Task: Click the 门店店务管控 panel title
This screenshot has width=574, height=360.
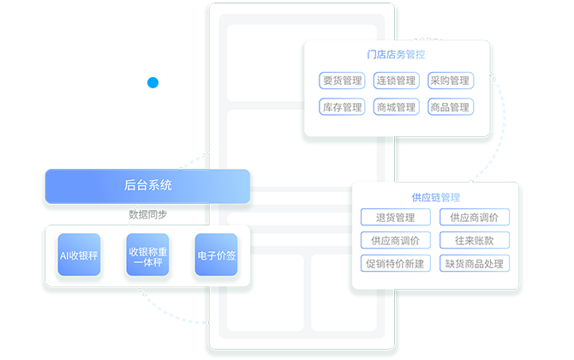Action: point(396,55)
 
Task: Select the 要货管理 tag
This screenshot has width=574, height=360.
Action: point(342,81)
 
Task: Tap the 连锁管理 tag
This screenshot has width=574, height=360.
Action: point(396,81)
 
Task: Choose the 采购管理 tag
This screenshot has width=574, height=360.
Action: point(450,81)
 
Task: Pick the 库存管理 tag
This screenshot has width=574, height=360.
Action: point(342,108)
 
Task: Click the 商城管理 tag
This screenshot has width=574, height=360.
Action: point(396,108)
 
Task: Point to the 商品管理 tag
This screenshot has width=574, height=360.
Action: point(450,108)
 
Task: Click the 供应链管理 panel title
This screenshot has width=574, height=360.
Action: point(435,198)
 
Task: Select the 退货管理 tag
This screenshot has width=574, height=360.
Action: point(395,218)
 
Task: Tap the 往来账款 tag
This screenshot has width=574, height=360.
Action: point(475,241)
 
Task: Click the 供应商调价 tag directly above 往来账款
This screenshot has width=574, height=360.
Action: point(475,218)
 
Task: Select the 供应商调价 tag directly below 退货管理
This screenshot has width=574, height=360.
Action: point(395,241)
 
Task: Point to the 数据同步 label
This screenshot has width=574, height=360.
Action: point(147,214)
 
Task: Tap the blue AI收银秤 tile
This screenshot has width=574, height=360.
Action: point(80,255)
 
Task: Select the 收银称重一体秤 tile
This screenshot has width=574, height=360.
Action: point(147,255)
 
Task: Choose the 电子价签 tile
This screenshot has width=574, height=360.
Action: point(216,255)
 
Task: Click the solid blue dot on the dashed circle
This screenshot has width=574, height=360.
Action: point(152,83)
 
